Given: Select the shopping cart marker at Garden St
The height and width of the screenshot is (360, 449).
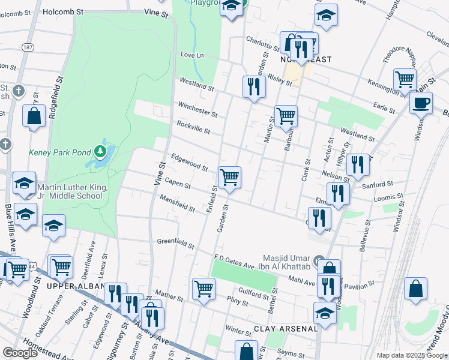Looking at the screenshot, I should point(229,178).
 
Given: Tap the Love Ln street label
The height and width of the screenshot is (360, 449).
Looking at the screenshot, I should point(192,55).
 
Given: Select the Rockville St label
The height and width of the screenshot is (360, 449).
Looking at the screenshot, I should point(193,127).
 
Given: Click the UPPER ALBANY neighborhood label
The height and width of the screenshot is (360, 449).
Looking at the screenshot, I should point(71,287).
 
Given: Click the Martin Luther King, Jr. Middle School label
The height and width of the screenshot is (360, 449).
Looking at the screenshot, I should point(73,191).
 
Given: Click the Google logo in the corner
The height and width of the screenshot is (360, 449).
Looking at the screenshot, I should point(20,353).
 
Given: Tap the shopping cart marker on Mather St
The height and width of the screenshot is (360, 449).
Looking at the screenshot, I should point(203,288).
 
